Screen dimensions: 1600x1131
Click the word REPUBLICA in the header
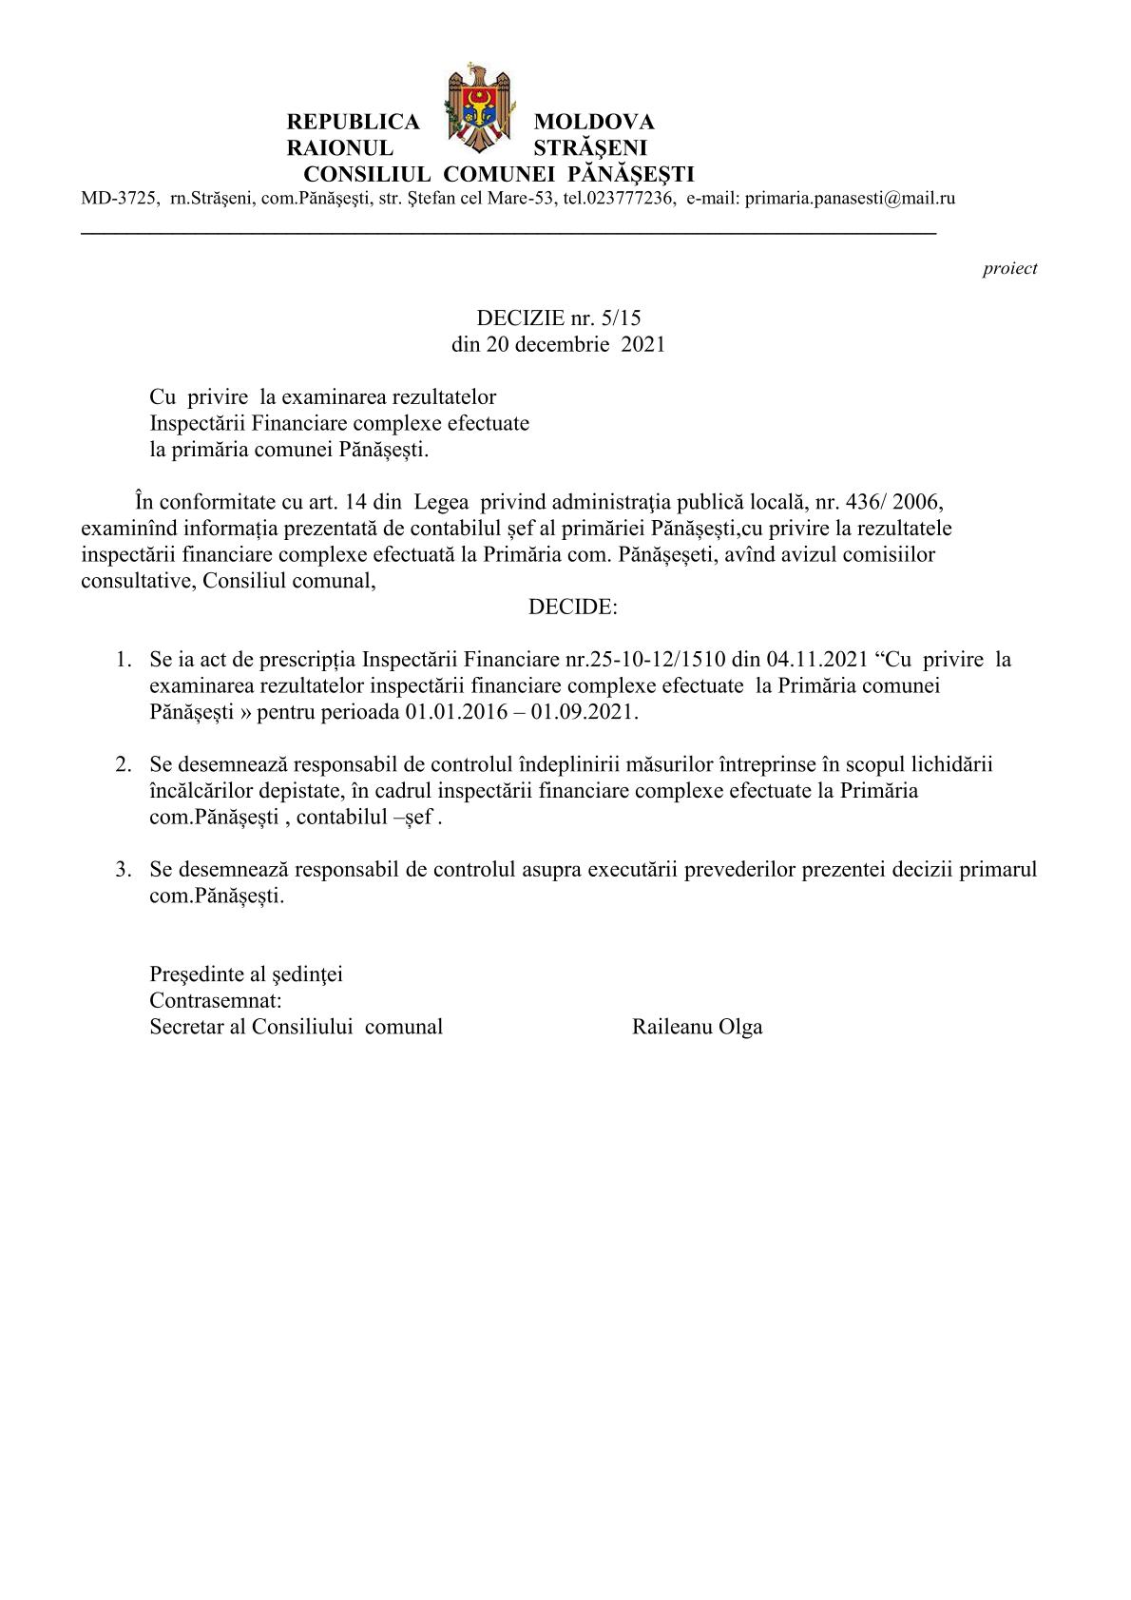(353, 123)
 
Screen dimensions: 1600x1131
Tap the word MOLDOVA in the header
(594, 123)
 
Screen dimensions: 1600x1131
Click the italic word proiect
(1009, 269)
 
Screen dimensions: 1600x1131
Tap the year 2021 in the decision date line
(643, 344)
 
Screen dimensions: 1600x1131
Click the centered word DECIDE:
(572, 607)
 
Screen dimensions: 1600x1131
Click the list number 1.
(122, 660)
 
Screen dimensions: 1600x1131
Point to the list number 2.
(122, 764)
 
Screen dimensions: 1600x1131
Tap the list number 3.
(122, 869)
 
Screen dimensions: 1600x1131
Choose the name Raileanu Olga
(697, 1027)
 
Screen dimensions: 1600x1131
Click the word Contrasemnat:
(216, 1000)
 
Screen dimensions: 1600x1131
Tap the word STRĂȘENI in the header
(590, 148)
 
